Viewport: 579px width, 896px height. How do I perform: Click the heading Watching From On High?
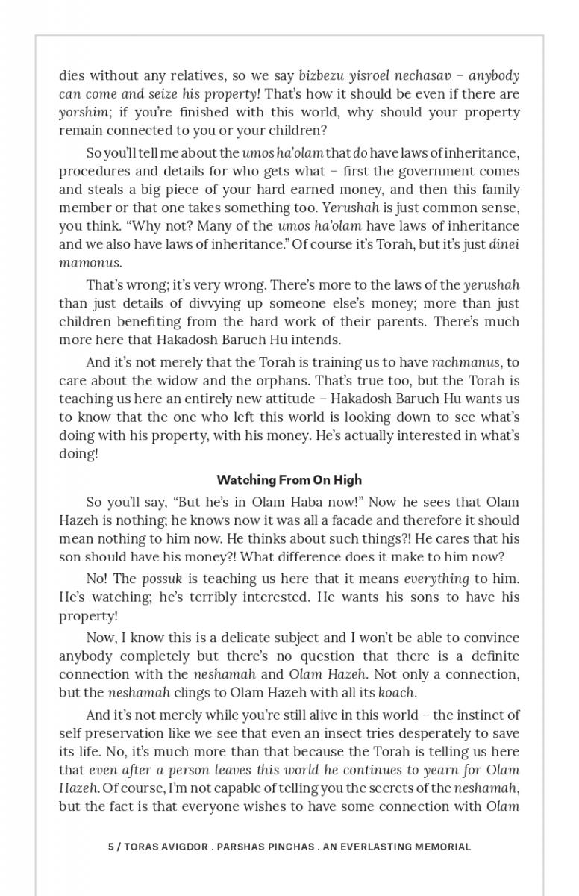pos(289,479)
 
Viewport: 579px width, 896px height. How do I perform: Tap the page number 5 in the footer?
pos(110,847)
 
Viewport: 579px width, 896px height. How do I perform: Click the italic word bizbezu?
pos(322,76)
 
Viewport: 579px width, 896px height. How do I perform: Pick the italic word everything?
pos(436,579)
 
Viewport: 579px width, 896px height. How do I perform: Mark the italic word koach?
pos(396,692)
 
